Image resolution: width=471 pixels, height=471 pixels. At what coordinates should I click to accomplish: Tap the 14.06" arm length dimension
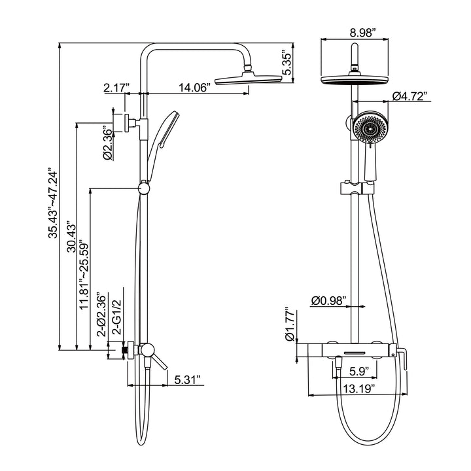194,88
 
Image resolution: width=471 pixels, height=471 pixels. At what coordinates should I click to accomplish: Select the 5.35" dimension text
287,63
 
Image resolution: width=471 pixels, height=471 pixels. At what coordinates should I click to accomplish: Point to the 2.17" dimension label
116,88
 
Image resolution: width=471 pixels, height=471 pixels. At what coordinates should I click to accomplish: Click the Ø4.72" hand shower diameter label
410,96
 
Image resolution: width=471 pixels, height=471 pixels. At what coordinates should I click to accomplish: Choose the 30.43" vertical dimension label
71,237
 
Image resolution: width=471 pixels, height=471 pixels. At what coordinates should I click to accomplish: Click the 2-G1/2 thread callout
116,317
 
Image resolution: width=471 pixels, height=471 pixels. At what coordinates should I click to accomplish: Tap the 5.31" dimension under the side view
188,379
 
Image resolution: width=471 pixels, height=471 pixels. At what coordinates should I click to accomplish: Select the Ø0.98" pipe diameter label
328,300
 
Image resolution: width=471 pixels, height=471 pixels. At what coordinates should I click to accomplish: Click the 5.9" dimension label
359,372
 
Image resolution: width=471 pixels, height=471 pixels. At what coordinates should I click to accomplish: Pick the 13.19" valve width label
359,389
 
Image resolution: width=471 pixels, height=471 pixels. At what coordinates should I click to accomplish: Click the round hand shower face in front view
371,128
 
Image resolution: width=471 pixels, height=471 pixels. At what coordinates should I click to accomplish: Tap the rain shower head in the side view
249,79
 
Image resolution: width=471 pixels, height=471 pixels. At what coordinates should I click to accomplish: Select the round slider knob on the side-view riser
144,188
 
